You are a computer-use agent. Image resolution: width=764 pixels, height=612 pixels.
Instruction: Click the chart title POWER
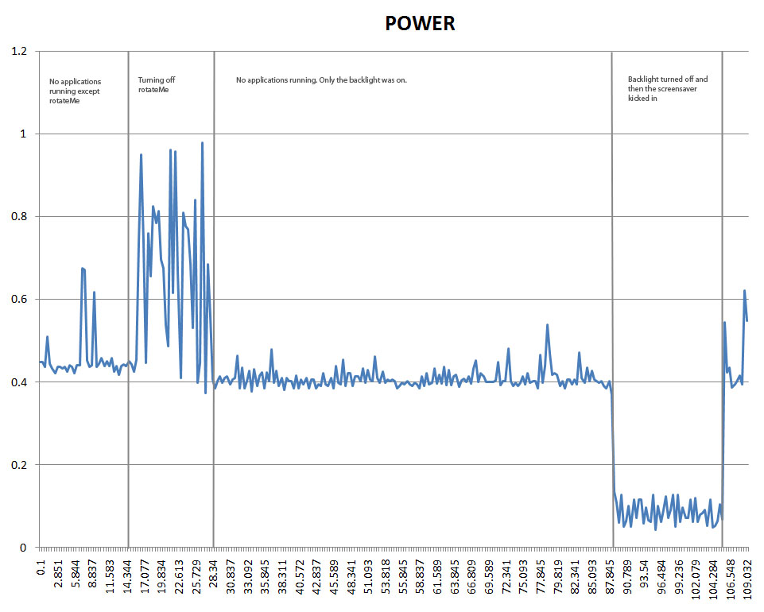click(x=420, y=24)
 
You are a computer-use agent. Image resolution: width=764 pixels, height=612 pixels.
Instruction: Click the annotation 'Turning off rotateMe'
click(x=156, y=84)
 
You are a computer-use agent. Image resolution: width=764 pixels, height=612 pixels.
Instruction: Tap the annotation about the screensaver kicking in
click(x=667, y=89)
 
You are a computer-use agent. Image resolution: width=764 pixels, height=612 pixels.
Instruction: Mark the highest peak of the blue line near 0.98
click(x=203, y=143)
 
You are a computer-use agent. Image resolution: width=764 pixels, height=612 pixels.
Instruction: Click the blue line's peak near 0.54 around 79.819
click(x=548, y=325)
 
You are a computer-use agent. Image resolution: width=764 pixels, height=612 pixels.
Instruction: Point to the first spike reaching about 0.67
click(x=83, y=269)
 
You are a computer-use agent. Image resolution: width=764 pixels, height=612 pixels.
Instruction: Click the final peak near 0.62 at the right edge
click(x=745, y=291)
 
